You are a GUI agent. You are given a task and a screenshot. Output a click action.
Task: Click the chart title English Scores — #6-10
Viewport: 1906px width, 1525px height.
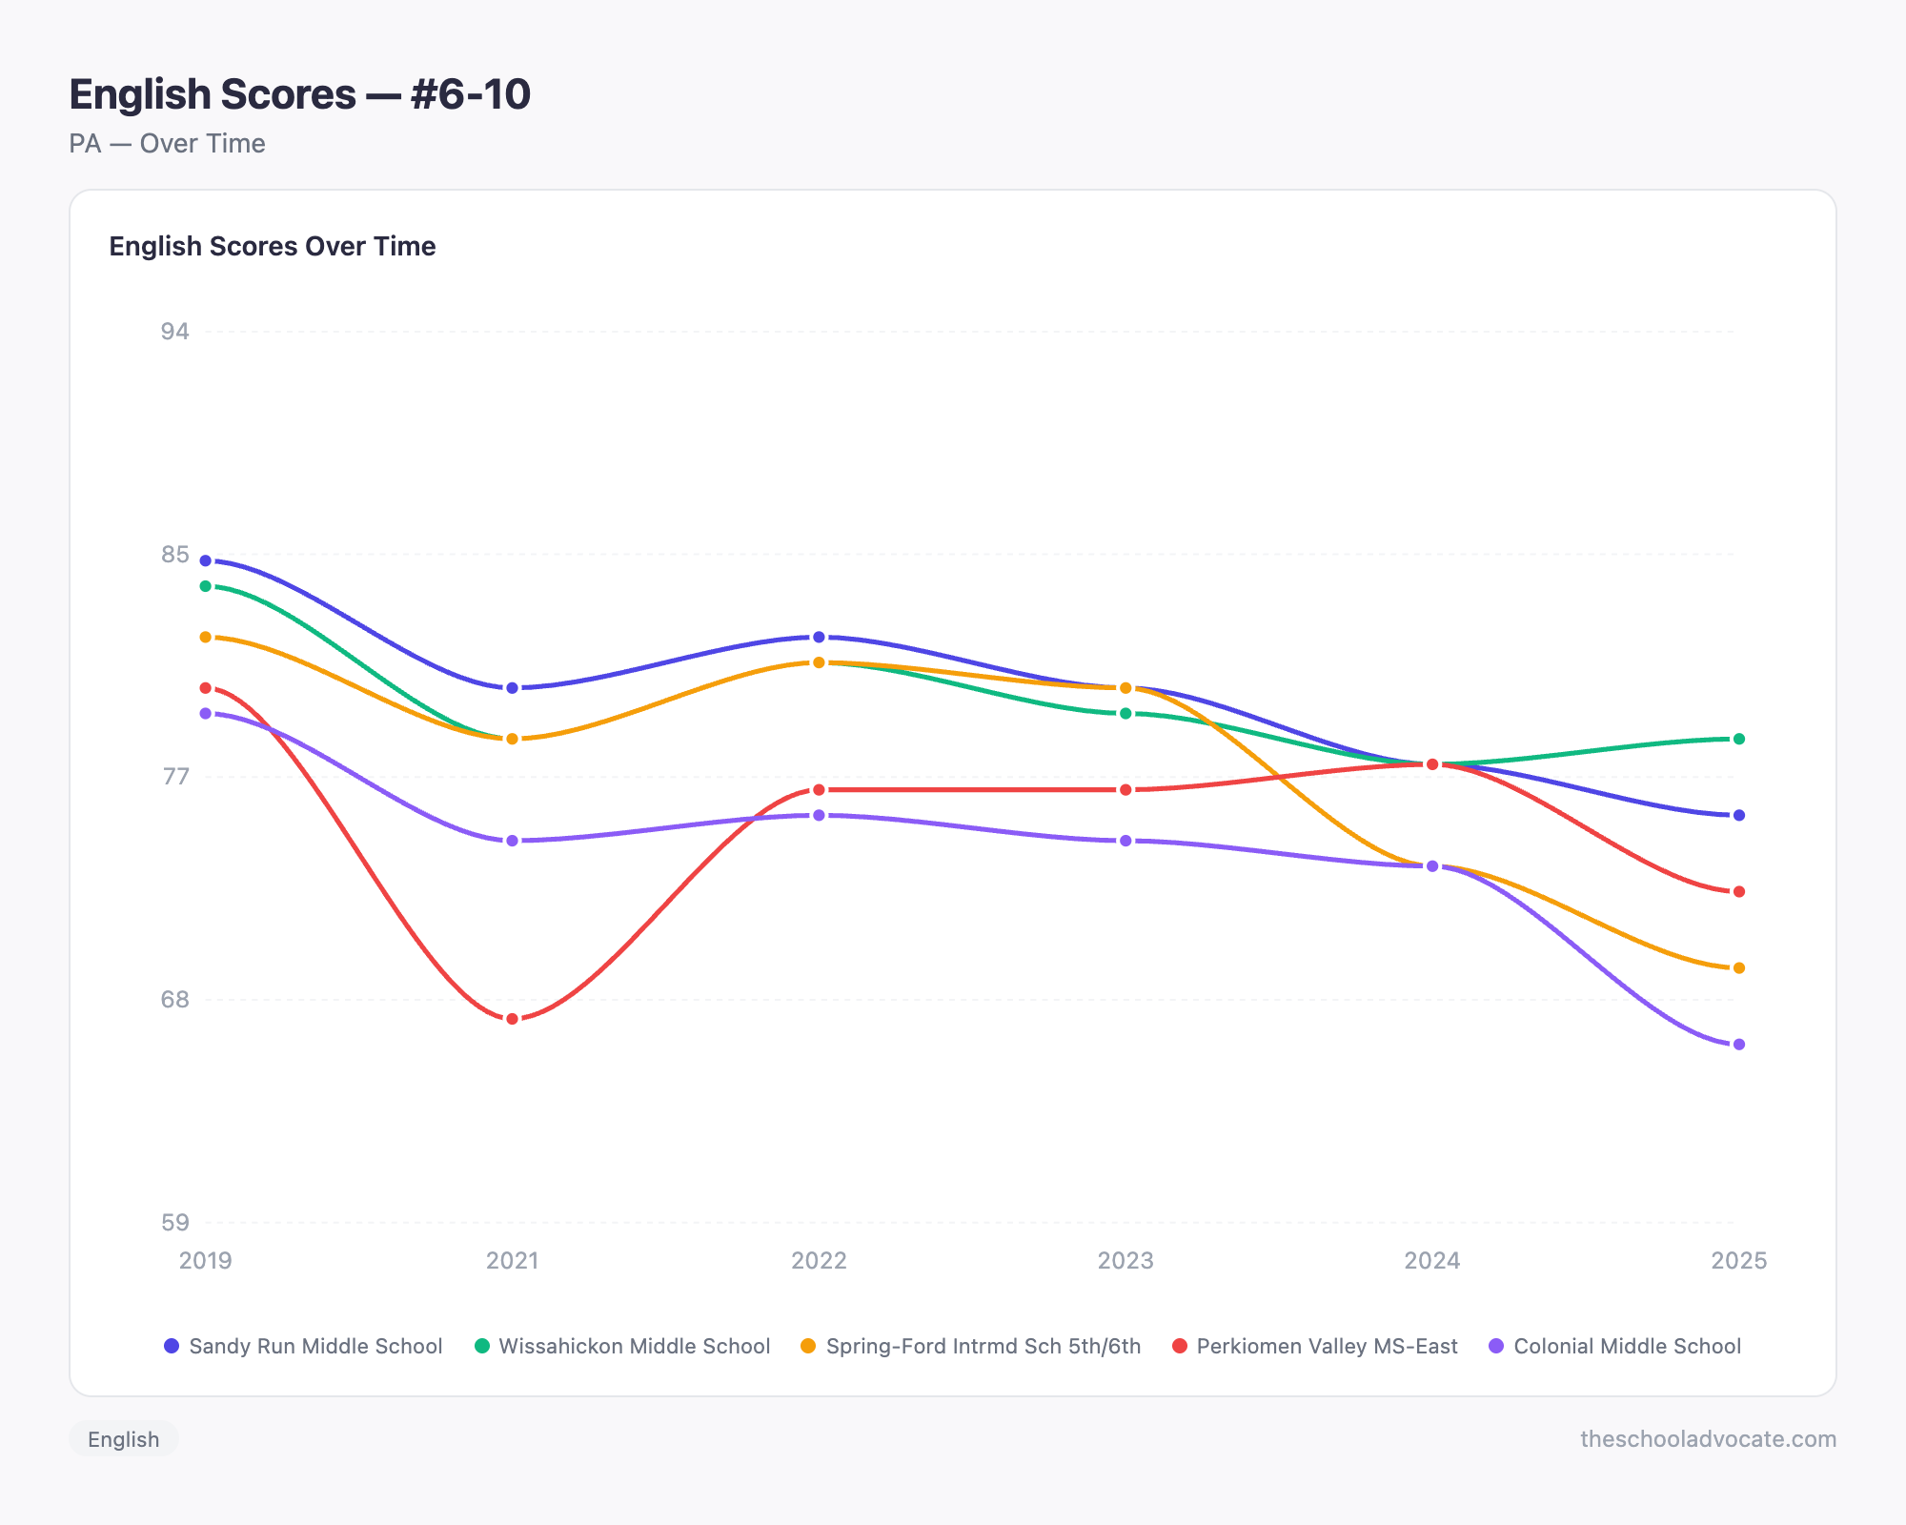click(299, 94)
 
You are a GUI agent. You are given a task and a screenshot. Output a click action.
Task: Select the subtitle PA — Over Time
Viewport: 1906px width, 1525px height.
click(167, 144)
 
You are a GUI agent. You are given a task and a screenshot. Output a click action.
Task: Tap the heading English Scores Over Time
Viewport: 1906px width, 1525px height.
click(272, 246)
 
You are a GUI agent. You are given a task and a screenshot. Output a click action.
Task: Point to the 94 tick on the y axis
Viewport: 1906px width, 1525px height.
click(174, 332)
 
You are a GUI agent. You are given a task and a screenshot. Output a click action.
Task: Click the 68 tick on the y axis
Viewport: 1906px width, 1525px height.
click(174, 1000)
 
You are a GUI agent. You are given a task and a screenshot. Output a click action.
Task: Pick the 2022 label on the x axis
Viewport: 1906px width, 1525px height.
click(819, 1261)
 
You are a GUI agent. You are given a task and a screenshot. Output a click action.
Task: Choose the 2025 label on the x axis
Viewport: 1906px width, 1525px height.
click(1738, 1261)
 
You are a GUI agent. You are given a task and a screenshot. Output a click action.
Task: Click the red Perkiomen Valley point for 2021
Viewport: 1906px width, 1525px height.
click(512, 1019)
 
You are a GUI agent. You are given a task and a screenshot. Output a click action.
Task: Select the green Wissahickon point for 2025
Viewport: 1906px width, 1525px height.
click(1738, 739)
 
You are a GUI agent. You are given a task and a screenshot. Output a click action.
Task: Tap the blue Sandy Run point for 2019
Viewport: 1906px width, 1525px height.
click(205, 560)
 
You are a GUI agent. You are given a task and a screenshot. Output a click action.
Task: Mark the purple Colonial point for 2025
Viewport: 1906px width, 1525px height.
click(1738, 1045)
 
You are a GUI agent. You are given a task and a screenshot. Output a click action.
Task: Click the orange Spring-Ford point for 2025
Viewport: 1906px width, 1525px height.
click(1738, 968)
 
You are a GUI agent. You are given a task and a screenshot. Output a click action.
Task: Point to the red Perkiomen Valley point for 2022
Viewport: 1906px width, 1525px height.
click(819, 790)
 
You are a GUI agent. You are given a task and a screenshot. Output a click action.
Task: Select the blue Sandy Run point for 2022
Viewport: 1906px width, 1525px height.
click(819, 637)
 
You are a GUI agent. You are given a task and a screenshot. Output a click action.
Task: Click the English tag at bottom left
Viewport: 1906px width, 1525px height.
click(123, 1439)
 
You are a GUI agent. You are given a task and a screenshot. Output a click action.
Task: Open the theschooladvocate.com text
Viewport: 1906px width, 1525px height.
click(1708, 1439)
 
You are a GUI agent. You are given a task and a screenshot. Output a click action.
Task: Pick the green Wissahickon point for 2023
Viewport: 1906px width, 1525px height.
click(1125, 713)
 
